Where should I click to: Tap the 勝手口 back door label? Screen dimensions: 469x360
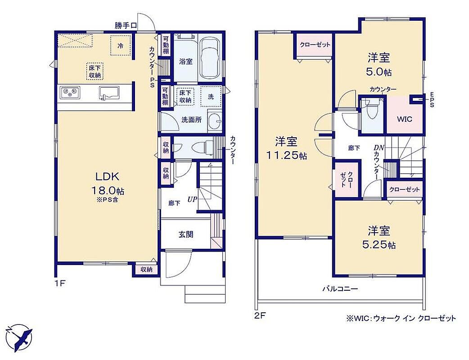point(126,26)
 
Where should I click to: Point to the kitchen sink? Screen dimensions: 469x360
point(109,93)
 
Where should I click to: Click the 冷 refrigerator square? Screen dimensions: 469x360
point(121,45)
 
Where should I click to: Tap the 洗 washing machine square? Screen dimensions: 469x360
point(211,96)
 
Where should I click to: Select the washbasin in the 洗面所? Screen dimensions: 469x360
point(214,121)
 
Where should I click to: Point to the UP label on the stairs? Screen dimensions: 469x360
point(192,199)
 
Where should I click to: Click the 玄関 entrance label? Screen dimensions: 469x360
point(186,234)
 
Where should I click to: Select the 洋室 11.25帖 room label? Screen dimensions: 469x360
point(286,148)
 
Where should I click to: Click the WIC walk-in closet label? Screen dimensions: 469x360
point(404,119)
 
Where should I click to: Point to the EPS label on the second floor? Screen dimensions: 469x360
point(432,99)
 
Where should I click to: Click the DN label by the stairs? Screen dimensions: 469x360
point(379,148)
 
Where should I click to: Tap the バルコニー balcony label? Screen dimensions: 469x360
point(340,289)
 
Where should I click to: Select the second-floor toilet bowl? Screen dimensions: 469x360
point(372,111)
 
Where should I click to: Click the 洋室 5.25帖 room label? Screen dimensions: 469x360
point(379,238)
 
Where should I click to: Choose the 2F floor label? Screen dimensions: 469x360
point(260,315)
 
